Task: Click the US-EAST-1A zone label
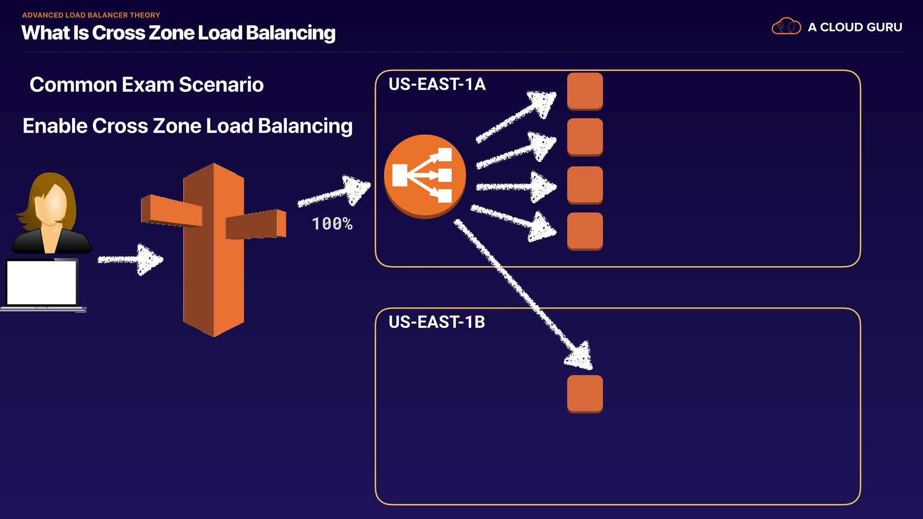pos(437,84)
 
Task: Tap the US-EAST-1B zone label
pos(437,322)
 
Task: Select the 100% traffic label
pos(332,224)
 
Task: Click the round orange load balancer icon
pos(425,176)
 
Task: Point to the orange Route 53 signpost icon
pos(214,250)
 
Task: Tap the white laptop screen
pos(42,283)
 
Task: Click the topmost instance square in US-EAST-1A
pos(585,91)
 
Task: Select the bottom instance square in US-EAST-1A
pos(585,231)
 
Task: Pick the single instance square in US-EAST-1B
pos(585,394)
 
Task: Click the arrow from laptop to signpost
pos(131,259)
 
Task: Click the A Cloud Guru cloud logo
pos(786,26)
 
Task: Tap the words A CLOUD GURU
pos(855,27)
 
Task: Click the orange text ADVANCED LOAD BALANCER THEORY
pos(91,15)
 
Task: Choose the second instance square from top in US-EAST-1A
pos(585,137)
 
